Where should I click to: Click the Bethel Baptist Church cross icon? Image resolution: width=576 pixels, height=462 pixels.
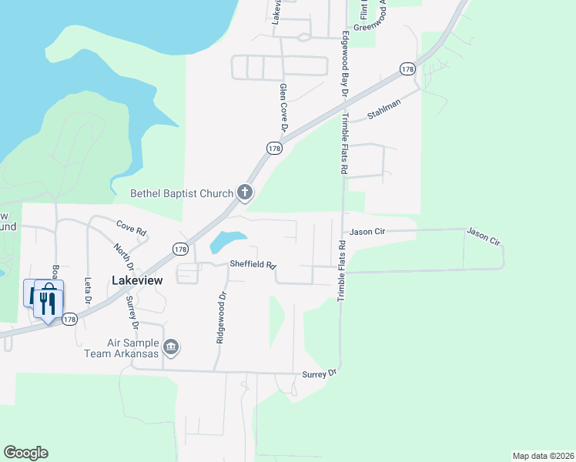pyautogui.click(x=245, y=192)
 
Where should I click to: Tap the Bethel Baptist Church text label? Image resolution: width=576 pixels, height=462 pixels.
pyautogui.click(x=182, y=193)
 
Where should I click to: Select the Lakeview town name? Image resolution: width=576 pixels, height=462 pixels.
pyautogui.click(x=137, y=281)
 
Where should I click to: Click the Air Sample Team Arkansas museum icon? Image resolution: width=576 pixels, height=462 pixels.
pyautogui.click(x=172, y=348)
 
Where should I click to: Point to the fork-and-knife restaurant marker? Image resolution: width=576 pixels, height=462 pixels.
pyautogui.click(x=48, y=299)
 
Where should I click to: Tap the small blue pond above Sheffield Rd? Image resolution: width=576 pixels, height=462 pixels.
pyautogui.click(x=228, y=242)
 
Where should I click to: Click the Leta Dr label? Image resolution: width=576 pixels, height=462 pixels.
pyautogui.click(x=88, y=290)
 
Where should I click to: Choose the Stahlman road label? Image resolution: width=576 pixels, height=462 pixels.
pyautogui.click(x=384, y=112)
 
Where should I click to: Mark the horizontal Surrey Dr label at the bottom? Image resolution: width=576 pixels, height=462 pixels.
pyautogui.click(x=321, y=373)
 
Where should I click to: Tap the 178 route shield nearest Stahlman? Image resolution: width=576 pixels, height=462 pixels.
pyautogui.click(x=408, y=69)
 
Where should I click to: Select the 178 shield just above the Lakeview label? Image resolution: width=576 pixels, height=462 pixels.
pyautogui.click(x=180, y=249)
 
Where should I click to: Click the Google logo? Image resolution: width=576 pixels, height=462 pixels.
pyautogui.click(x=25, y=453)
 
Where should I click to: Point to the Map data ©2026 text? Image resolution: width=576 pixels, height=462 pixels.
pyautogui.click(x=542, y=456)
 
